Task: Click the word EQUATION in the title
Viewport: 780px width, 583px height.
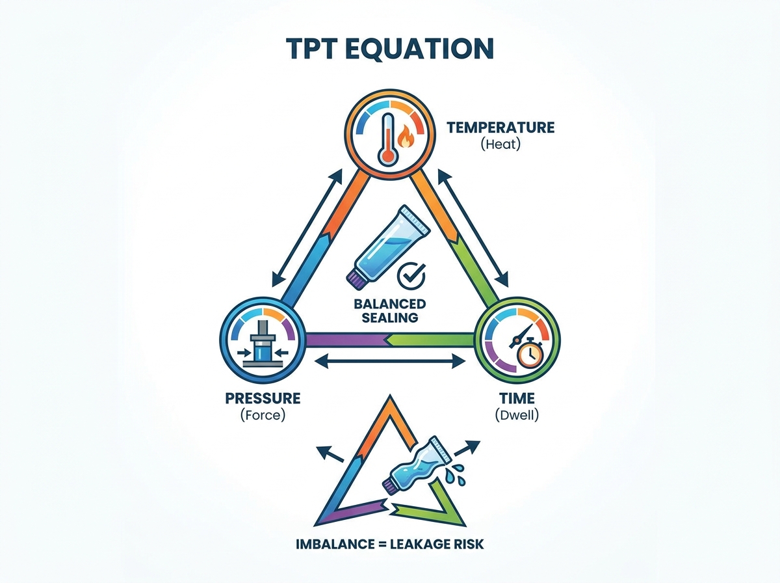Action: click(x=419, y=48)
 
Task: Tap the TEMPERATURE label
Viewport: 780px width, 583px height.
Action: click(x=500, y=128)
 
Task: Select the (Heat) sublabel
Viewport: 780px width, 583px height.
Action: click(x=500, y=144)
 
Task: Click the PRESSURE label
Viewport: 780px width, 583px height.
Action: click(x=263, y=398)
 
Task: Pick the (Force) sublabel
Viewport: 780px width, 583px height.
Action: click(x=263, y=415)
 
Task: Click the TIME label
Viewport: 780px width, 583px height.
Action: click(x=517, y=398)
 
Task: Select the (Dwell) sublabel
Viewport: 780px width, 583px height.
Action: click(x=517, y=415)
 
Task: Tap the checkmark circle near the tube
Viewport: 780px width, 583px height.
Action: click(x=411, y=275)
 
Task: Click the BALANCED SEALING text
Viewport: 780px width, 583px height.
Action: click(x=390, y=310)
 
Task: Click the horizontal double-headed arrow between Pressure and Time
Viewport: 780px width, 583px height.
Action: click(x=390, y=361)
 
